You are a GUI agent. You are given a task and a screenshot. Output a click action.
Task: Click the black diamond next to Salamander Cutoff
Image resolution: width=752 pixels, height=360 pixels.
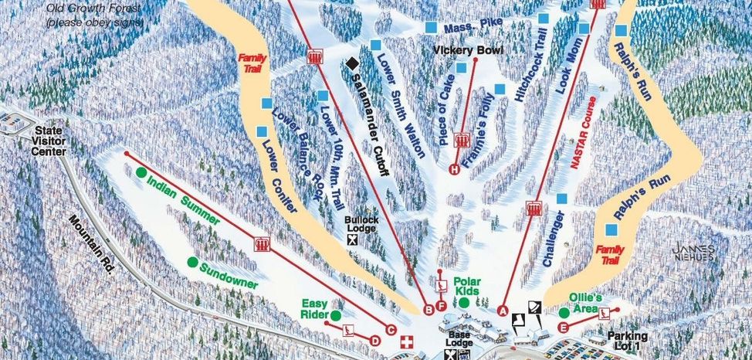pos(352,63)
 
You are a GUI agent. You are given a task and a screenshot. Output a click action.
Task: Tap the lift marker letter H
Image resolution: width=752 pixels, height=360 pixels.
pos(454,169)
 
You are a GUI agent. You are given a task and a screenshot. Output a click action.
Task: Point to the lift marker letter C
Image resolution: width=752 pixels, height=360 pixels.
pos(390,331)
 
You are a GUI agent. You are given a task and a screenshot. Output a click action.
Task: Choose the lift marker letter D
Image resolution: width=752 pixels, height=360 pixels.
pos(375,339)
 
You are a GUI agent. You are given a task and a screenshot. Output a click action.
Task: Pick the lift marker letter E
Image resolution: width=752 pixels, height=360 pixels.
pos(563,328)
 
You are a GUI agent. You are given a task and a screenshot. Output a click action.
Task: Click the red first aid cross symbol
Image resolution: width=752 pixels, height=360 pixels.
pos(410,341)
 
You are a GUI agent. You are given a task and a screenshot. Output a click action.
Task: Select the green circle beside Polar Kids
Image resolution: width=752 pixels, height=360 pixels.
pos(464,303)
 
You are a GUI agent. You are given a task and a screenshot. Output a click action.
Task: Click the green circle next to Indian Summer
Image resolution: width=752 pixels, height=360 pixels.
pos(141,172)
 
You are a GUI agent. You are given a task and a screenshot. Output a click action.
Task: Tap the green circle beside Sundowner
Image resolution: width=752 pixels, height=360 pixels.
pos(192,262)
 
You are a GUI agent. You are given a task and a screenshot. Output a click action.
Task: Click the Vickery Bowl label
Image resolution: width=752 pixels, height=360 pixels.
pos(468,51)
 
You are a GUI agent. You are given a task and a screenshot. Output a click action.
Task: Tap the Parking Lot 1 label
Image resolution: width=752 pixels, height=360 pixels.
pos(626,341)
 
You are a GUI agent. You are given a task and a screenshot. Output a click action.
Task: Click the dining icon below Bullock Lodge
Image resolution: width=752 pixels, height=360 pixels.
pos(353,239)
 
